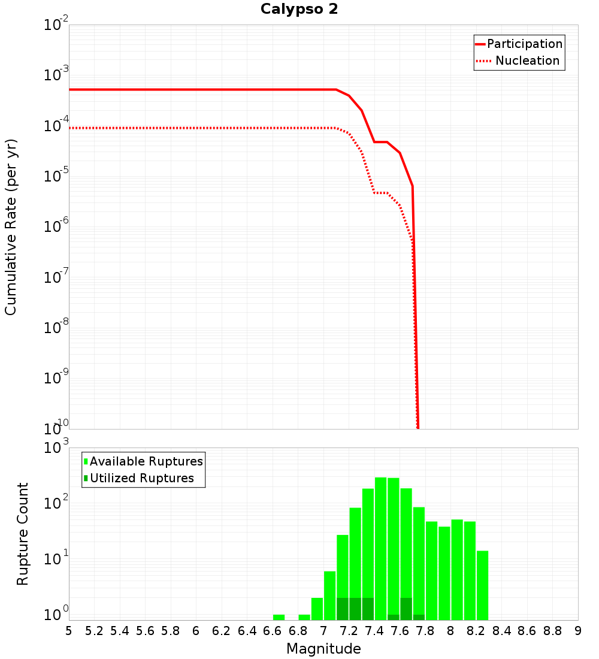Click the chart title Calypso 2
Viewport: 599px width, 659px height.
click(x=299, y=10)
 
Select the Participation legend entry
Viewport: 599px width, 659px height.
click(x=519, y=44)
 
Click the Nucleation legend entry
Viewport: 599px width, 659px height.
click(x=519, y=61)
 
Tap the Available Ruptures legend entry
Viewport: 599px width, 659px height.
click(x=144, y=462)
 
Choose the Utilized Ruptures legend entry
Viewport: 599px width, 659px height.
click(x=139, y=479)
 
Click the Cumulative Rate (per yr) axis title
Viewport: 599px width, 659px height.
click(x=11, y=227)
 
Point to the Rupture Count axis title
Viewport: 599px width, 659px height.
click(x=23, y=534)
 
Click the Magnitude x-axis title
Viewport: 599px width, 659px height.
click(x=323, y=649)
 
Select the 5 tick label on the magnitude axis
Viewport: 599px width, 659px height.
click(x=69, y=631)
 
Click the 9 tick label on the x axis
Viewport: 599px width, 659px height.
click(x=577, y=631)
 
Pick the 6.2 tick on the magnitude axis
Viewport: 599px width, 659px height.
click(x=222, y=631)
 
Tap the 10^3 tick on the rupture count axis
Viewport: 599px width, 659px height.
click(x=56, y=449)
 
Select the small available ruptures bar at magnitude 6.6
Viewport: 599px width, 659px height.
click(x=279, y=617)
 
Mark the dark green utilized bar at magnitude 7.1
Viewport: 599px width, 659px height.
click(x=343, y=609)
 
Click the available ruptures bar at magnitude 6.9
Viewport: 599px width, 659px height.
click(x=317, y=609)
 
